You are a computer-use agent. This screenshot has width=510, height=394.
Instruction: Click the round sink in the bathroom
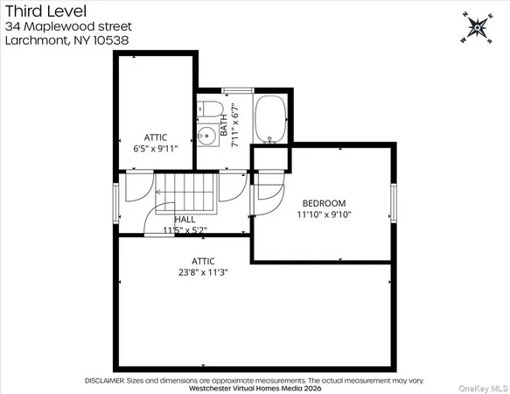coord(207,135)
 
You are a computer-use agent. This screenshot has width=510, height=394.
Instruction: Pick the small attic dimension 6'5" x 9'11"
coord(156,149)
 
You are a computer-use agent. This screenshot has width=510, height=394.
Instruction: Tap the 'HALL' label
coord(185,220)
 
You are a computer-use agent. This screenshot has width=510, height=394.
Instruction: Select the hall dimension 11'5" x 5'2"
coord(185,230)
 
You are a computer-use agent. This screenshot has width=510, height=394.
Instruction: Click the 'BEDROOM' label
coord(324,203)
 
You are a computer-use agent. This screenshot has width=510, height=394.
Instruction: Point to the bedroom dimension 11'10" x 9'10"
coord(324,214)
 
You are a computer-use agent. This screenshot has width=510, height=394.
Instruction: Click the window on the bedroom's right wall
coord(393,203)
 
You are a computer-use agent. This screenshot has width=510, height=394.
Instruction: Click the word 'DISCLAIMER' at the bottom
coord(109,381)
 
